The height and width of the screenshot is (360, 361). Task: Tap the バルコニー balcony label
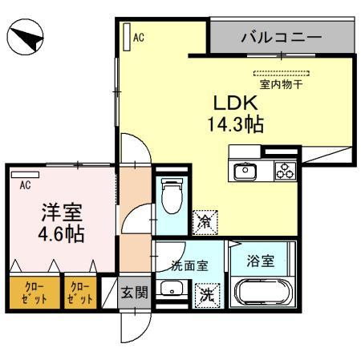[281, 37]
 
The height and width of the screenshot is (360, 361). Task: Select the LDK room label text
[233, 104]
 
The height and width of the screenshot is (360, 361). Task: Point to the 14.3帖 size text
[234, 125]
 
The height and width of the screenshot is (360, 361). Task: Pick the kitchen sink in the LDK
[244, 171]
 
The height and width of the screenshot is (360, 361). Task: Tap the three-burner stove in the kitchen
[286, 171]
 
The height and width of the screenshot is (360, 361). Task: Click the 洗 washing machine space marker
[207, 294]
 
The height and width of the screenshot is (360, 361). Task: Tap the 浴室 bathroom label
[263, 261]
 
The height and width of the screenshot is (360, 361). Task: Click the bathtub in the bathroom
[263, 293]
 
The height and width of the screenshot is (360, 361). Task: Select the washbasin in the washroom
[171, 290]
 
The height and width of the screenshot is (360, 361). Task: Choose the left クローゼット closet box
[26, 292]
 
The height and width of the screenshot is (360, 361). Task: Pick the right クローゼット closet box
[79, 292]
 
